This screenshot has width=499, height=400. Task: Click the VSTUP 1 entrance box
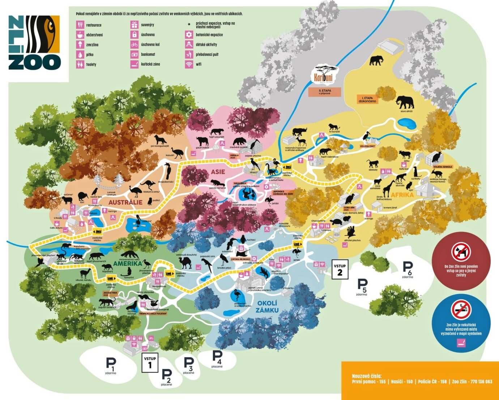coord(150,362)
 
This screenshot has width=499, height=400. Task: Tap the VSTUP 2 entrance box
coord(340,269)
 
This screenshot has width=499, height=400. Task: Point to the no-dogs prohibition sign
coord(461,252)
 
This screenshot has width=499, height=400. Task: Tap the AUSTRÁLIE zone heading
coord(125,202)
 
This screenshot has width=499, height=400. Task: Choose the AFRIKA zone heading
coord(402,195)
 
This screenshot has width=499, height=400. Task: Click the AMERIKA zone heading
coord(127,263)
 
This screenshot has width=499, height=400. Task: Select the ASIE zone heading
coord(218,172)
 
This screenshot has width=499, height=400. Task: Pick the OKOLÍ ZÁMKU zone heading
coord(267,307)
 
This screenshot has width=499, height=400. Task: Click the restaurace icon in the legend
coord(80,25)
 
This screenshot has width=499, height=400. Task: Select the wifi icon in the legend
coord(188,64)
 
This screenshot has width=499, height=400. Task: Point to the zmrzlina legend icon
coord(80,45)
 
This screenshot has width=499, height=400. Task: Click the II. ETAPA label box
coord(324,92)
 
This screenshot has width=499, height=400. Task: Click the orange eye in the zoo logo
coord(50,27)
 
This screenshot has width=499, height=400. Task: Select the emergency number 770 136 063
coord(478,382)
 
